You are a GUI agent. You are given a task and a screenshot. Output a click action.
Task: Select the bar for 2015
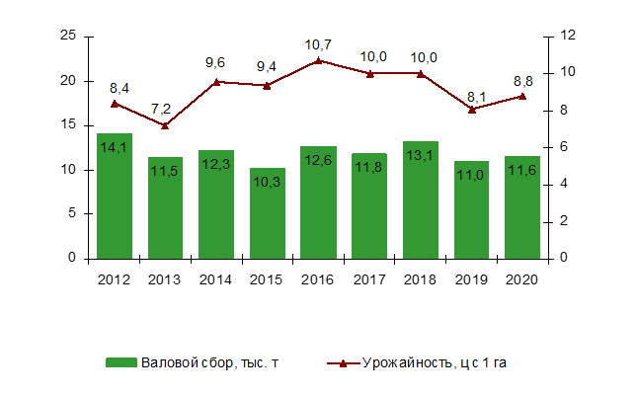point(267,212)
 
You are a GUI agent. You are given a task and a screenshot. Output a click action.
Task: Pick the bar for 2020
point(521,206)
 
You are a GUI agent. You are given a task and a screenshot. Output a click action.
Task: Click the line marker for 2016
point(318,60)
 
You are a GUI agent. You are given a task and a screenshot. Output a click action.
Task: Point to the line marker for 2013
point(165,125)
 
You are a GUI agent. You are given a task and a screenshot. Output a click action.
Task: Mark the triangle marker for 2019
point(472,109)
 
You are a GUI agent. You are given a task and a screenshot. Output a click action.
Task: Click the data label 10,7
point(318,44)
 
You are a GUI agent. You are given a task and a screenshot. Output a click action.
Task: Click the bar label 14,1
point(115,148)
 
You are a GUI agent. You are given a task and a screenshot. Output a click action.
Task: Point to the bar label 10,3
point(267,183)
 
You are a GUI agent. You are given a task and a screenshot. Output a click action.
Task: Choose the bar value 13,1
point(421,156)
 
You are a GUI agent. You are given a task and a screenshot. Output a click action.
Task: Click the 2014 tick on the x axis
point(215,278)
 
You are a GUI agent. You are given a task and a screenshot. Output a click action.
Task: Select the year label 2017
point(368,278)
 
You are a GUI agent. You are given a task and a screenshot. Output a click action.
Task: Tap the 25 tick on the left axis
point(69,36)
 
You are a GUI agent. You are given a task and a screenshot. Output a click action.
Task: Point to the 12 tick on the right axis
point(567,36)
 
